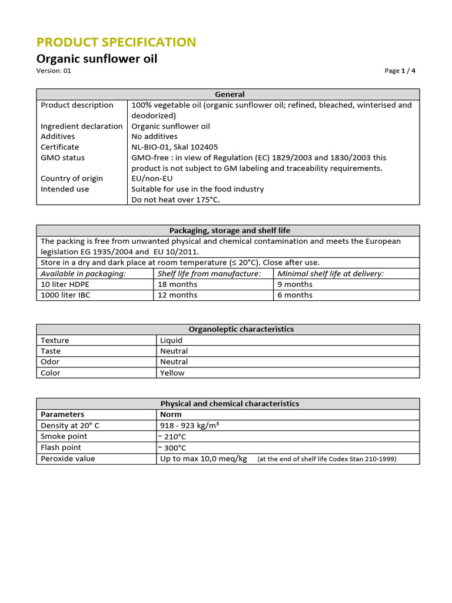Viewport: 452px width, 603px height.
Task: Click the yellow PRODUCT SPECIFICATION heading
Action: pos(116,42)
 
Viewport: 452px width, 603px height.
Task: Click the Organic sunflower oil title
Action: pos(97,59)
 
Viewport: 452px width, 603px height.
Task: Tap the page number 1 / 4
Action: pos(400,71)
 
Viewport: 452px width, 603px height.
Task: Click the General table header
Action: pos(230,94)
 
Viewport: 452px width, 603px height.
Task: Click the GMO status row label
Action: pos(62,158)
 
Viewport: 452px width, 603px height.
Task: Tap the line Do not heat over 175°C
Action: pos(175,200)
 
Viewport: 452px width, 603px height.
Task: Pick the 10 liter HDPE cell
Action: pos(65,284)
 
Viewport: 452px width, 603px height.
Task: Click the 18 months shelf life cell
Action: pos(178,284)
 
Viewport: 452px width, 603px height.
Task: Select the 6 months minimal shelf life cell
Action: pos(295,295)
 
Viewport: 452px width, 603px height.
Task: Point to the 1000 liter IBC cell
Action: pos(65,295)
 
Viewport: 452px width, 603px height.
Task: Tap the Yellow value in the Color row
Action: pos(172,373)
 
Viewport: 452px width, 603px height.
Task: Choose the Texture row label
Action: pos(55,340)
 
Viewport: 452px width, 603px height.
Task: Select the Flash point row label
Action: pos(60,448)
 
